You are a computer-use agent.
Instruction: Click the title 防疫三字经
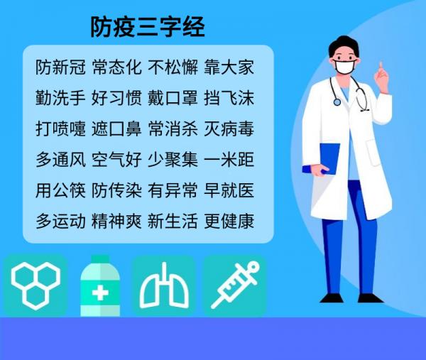[x=148, y=27]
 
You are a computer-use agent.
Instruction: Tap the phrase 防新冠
[x=60, y=67]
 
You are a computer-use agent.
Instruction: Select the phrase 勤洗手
[x=60, y=98]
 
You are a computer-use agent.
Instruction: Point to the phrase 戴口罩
[x=173, y=98]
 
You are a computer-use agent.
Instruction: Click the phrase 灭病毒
[x=229, y=129]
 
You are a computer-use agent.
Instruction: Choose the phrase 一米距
[x=229, y=160]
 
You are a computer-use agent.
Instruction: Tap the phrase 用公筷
[x=60, y=190]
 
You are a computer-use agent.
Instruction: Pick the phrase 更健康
[x=229, y=221]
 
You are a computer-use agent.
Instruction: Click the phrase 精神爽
[x=116, y=221]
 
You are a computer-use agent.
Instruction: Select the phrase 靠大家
[x=229, y=67]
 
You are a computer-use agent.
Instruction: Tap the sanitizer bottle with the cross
[x=100, y=286]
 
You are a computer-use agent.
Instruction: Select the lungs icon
[x=164, y=286]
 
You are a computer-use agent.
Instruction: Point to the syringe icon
[x=235, y=285]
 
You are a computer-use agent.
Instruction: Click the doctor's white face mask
[x=345, y=67]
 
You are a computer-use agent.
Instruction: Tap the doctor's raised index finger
[x=381, y=67]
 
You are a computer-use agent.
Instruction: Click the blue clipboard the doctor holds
[x=329, y=158]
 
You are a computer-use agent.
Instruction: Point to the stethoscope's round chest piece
[x=337, y=102]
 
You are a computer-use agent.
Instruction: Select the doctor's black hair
[x=344, y=45]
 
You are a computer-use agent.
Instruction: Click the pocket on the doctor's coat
[x=374, y=152]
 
